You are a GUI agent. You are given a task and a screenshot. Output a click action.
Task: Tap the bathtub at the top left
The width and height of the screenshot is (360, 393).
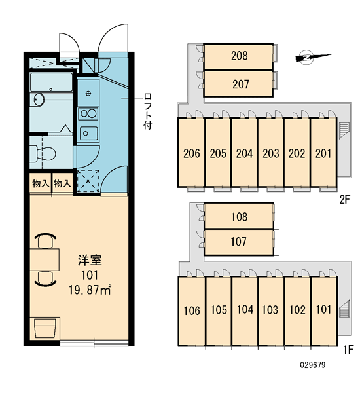point(51,83)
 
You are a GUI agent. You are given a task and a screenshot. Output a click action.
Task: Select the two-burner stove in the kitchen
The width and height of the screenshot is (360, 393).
point(88,114)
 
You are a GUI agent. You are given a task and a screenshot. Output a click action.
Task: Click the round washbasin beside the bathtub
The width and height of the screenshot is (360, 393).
point(39,100)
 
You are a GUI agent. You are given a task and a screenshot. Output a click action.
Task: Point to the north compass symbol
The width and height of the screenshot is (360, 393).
point(313,58)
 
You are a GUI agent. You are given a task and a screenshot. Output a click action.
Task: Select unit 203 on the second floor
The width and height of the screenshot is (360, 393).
point(271,153)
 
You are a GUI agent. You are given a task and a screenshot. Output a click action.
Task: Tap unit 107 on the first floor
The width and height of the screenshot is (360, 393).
point(239,242)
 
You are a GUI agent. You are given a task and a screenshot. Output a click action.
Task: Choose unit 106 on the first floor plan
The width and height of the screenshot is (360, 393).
point(192,311)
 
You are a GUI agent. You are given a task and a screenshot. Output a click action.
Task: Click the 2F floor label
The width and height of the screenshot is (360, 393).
point(344,200)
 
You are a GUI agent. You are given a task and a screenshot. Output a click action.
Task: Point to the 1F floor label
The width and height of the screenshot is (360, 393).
point(348,350)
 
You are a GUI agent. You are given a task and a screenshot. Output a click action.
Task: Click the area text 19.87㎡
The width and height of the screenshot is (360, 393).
point(90,290)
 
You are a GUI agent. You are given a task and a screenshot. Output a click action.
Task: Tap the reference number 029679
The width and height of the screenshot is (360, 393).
point(313,365)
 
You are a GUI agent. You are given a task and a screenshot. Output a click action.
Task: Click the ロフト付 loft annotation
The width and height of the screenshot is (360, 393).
point(148,111)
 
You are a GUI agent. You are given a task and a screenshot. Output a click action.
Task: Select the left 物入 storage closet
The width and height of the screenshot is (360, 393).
point(41,183)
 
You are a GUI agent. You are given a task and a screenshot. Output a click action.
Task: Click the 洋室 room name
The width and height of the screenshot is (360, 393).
point(90,261)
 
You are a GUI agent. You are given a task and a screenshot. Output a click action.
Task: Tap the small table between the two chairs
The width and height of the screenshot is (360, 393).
point(45,259)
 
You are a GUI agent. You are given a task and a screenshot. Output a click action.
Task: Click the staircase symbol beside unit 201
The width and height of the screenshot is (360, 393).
point(344,130)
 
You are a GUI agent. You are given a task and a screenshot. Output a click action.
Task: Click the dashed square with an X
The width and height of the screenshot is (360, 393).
point(88,181)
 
